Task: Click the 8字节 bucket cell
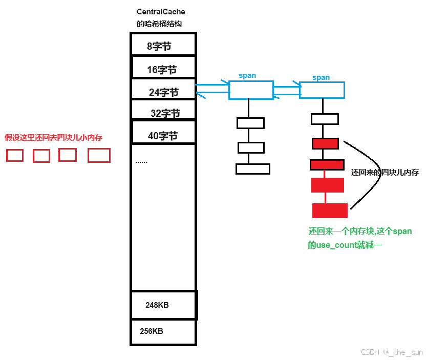[163, 45]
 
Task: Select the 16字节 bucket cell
[163, 68]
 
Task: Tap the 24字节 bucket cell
[163, 91]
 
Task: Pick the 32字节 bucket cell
[163, 111]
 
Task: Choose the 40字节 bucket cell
[163, 134]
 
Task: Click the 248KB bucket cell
[163, 305]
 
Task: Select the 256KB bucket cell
[163, 332]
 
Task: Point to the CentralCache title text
[161, 12]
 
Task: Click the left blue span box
[250, 90]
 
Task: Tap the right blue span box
[322, 90]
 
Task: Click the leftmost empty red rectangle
[15, 155]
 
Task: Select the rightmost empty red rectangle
[99, 155]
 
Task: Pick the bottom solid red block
[330, 210]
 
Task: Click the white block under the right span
[325, 119]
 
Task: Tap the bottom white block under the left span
[252, 168]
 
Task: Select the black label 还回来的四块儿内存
[385, 173]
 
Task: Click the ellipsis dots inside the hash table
[141, 162]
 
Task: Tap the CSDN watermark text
[392, 352]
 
